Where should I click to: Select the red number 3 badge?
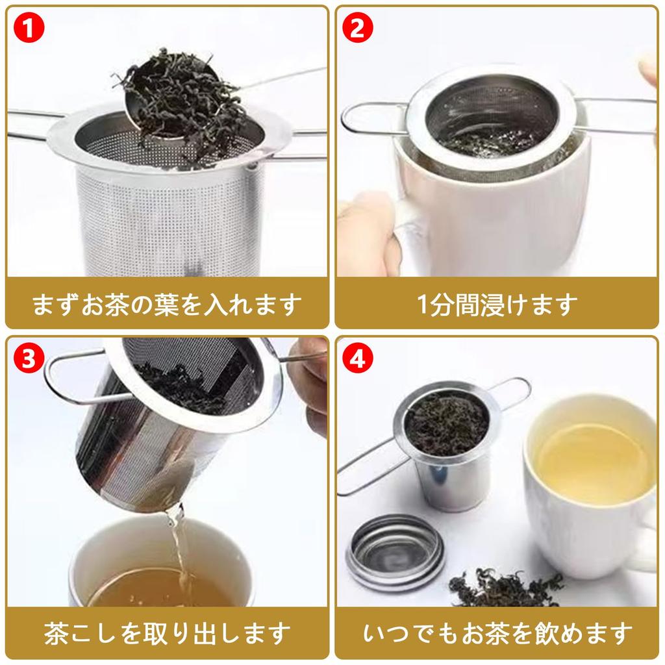[x=29, y=358]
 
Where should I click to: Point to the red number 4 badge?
[x=358, y=358]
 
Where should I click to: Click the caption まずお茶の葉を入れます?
[x=167, y=304]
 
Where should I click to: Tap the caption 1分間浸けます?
[x=497, y=304]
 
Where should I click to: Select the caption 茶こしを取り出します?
[x=167, y=633]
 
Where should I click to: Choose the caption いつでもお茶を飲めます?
[x=497, y=633]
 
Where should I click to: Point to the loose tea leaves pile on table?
[x=505, y=586]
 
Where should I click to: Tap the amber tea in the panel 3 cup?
[x=161, y=587]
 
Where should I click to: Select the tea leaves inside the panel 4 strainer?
[x=447, y=424]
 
